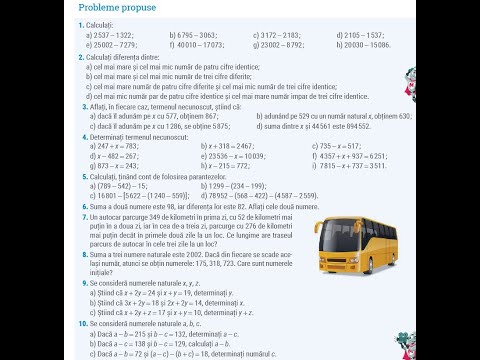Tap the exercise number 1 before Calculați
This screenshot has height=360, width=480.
[x=80, y=23]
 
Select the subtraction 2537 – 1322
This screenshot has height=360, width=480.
[x=117, y=35]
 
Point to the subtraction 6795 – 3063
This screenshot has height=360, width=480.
[x=200, y=35]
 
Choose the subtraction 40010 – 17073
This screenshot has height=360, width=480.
[x=205, y=45]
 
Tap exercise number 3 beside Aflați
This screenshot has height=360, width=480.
[x=80, y=104]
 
